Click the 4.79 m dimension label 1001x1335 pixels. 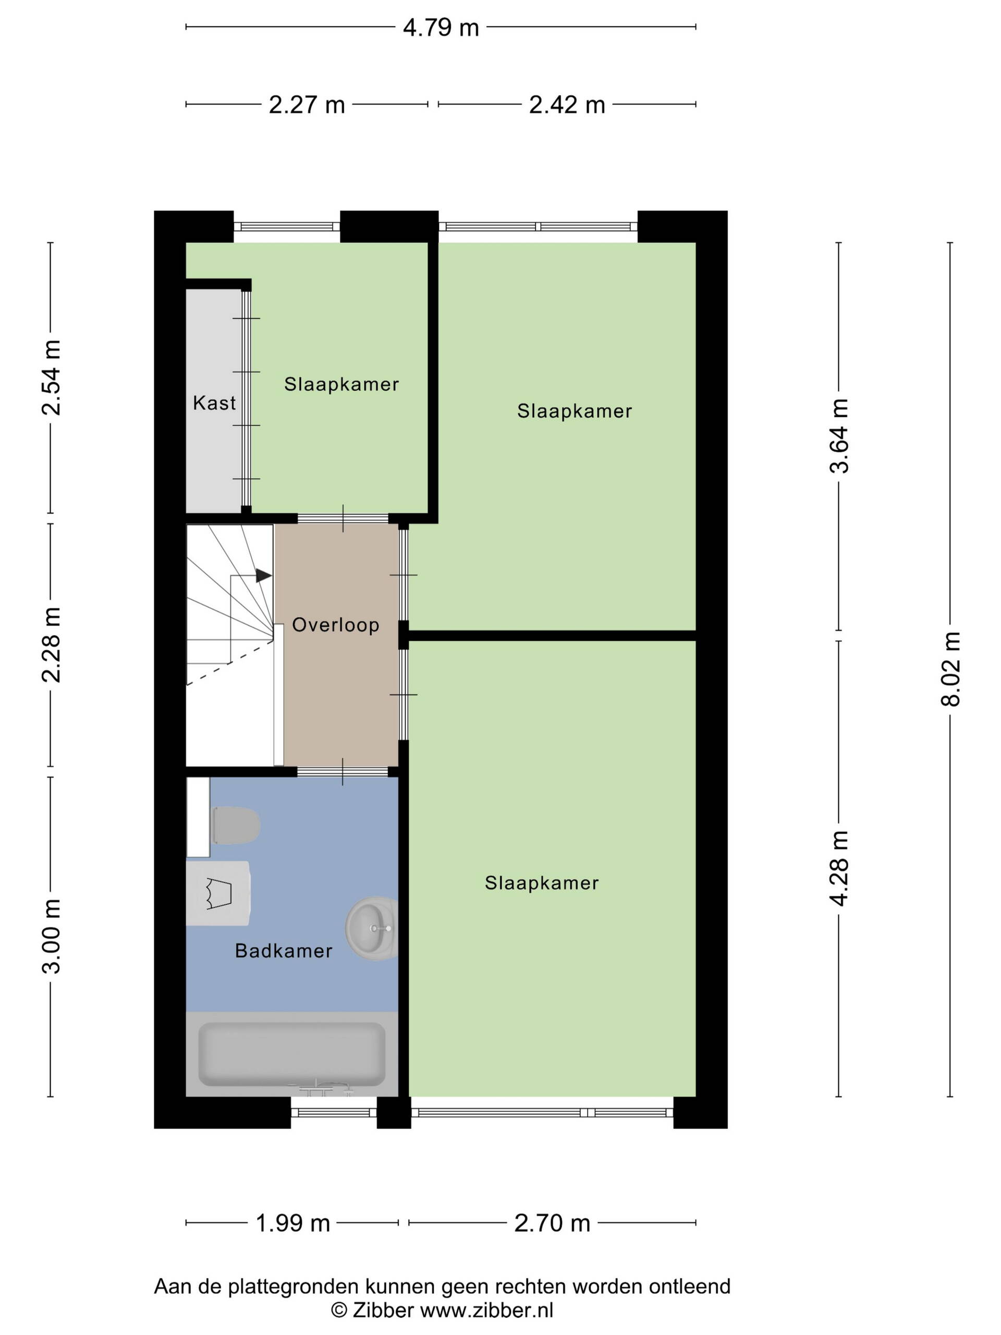441,28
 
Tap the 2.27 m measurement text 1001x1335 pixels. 307,105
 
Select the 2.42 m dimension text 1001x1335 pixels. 567,105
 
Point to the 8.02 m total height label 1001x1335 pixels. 950,669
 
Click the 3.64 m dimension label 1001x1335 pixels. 839,436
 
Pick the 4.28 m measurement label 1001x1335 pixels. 839,868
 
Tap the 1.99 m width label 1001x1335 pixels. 292,1223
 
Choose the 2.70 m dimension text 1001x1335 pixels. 552,1223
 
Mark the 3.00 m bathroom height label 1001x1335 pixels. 51,936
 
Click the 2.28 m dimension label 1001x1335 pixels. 51,645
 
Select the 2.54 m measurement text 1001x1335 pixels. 51,378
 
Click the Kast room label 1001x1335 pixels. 214,403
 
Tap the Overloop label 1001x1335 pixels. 335,625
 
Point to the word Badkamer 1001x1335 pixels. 284,951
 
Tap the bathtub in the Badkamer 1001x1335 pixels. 292,1053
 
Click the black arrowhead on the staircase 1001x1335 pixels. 264,576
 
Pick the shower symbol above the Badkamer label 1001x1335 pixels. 218,893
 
